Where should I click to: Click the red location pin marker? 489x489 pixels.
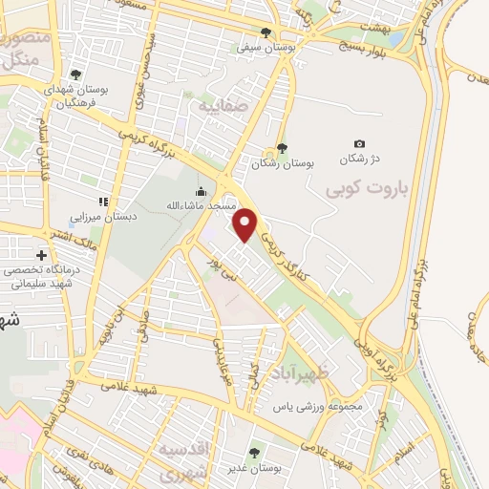(x=246, y=224)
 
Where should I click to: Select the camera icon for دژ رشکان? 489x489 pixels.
(x=359, y=143)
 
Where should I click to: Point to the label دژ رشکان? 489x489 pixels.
(x=359, y=158)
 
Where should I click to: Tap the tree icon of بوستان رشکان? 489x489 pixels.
(x=282, y=148)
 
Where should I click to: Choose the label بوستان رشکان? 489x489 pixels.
(x=283, y=163)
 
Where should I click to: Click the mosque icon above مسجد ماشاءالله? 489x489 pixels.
(x=201, y=191)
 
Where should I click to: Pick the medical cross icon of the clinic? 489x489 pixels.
(x=42, y=255)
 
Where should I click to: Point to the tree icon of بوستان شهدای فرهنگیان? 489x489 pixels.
(x=76, y=75)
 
